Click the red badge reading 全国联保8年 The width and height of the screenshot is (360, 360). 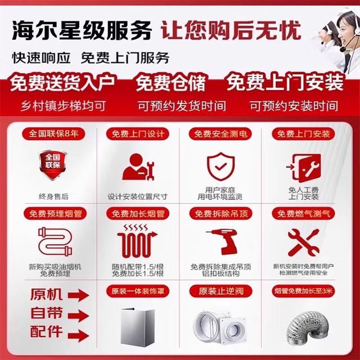(x=53, y=134)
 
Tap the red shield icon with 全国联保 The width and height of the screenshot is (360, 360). (x=52, y=165)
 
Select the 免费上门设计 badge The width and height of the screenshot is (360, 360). (x=138, y=134)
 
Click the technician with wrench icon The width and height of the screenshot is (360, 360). (x=138, y=167)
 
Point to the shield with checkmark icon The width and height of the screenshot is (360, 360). (x=220, y=166)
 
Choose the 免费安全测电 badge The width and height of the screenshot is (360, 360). (x=220, y=134)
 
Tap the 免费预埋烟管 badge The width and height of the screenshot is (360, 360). (x=55, y=214)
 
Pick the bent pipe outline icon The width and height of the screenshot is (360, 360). (x=55, y=241)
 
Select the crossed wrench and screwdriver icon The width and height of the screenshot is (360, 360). (x=304, y=242)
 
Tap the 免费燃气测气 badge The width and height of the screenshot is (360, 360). (x=304, y=214)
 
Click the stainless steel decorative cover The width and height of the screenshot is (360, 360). (x=138, y=327)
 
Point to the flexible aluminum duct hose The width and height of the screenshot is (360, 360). (x=304, y=328)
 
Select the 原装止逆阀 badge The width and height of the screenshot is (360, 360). (x=220, y=291)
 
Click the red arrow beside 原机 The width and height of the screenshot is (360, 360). (x=78, y=295)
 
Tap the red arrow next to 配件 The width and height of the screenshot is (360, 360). (x=78, y=335)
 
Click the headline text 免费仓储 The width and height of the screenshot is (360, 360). (x=170, y=82)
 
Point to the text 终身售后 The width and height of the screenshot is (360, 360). (x=53, y=196)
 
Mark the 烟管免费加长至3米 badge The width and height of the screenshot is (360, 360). (x=304, y=291)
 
